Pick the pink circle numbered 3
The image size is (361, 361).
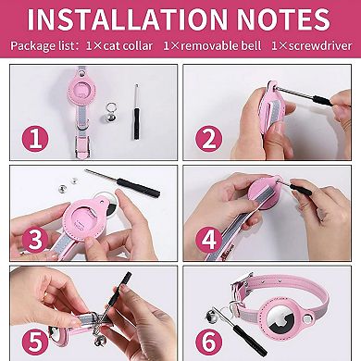tap(34, 238)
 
